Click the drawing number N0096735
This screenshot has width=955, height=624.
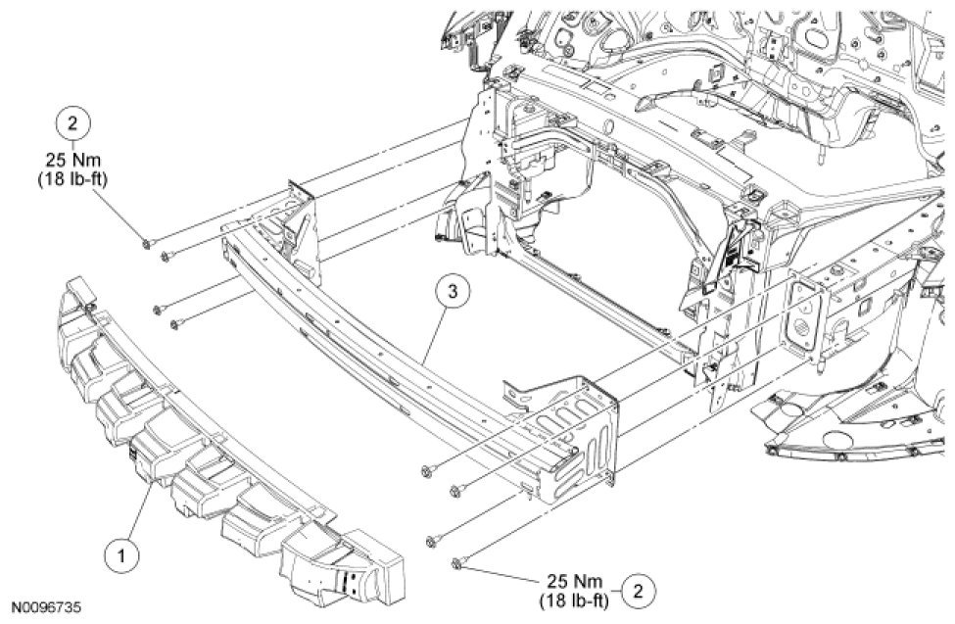(x=46, y=607)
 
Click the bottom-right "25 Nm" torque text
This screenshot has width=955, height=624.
(x=575, y=580)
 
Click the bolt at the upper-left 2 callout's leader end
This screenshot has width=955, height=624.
(x=145, y=242)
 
